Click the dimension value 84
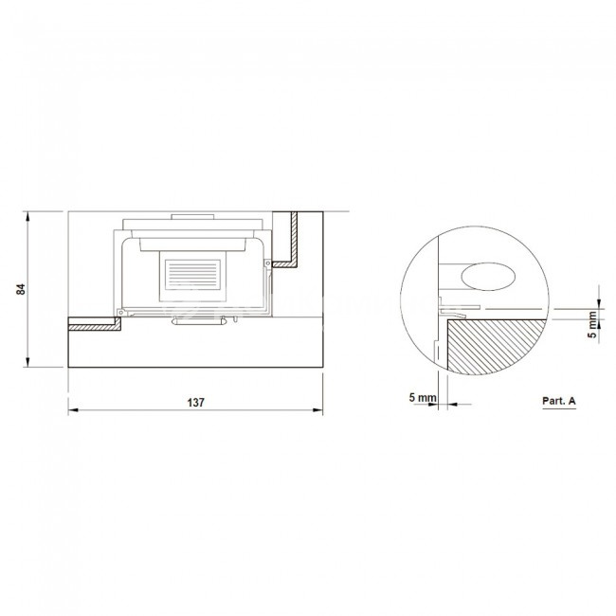21,289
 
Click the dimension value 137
195,403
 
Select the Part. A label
558,401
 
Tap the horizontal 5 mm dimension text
423,398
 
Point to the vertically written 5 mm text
592,324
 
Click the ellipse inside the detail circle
488,277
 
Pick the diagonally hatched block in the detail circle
496,346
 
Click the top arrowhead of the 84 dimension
27,216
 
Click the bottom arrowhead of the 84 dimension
27,362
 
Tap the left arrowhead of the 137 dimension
74,410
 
